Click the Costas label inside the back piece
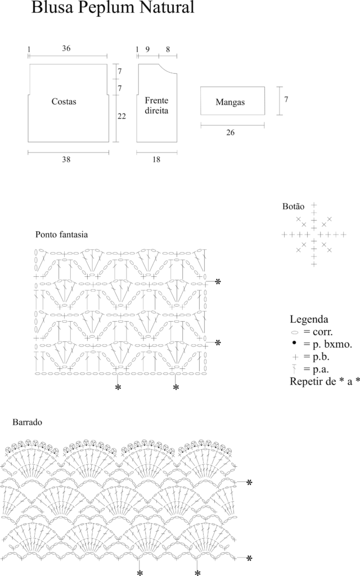64,102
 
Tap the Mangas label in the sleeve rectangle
231,102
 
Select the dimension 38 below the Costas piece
66,160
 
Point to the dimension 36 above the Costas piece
66,48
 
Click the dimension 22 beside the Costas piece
122,116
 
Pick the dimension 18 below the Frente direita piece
156,160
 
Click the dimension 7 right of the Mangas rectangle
286,100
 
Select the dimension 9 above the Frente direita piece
147,49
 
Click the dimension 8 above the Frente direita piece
168,49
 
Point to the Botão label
293,206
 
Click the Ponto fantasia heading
62,234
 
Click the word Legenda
309,319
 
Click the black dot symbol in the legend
294,343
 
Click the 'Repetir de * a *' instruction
324,381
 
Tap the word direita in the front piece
156,111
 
